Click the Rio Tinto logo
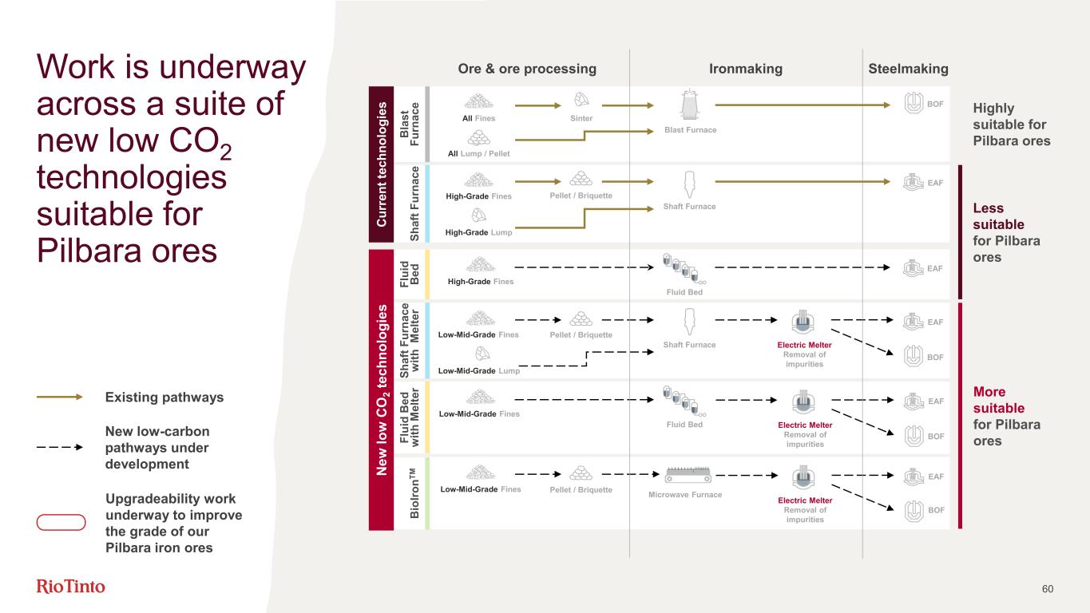tap(71, 587)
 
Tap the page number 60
tap(1048, 589)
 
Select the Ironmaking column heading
tap(746, 69)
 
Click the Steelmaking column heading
tap(908, 69)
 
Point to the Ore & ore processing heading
tap(527, 69)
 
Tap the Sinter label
tap(581, 118)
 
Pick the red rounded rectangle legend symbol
tap(61, 523)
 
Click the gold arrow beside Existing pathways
tap(61, 397)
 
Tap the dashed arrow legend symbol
tap(61, 447)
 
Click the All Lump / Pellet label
tap(478, 152)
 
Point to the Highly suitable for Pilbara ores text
tap(1011, 125)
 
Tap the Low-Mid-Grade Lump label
tap(479, 371)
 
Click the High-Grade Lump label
tap(478, 232)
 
